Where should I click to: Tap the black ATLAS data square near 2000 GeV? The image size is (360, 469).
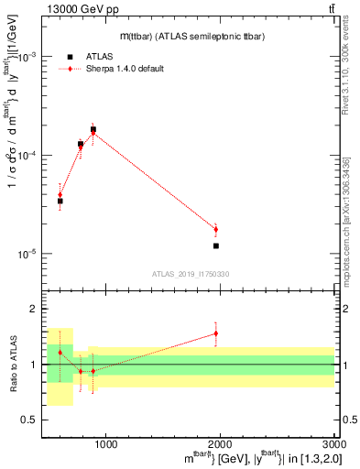point(216,245)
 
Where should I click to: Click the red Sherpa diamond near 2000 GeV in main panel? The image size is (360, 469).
point(216,229)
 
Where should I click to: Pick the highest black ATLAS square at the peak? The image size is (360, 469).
point(93,130)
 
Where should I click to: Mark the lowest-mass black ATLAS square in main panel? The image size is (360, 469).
point(60,201)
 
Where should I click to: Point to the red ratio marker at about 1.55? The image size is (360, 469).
point(216,333)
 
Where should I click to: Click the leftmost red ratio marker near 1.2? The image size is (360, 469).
point(60,353)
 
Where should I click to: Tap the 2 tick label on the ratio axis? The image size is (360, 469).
point(33,310)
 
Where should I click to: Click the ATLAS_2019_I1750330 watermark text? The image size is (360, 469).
point(191,274)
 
